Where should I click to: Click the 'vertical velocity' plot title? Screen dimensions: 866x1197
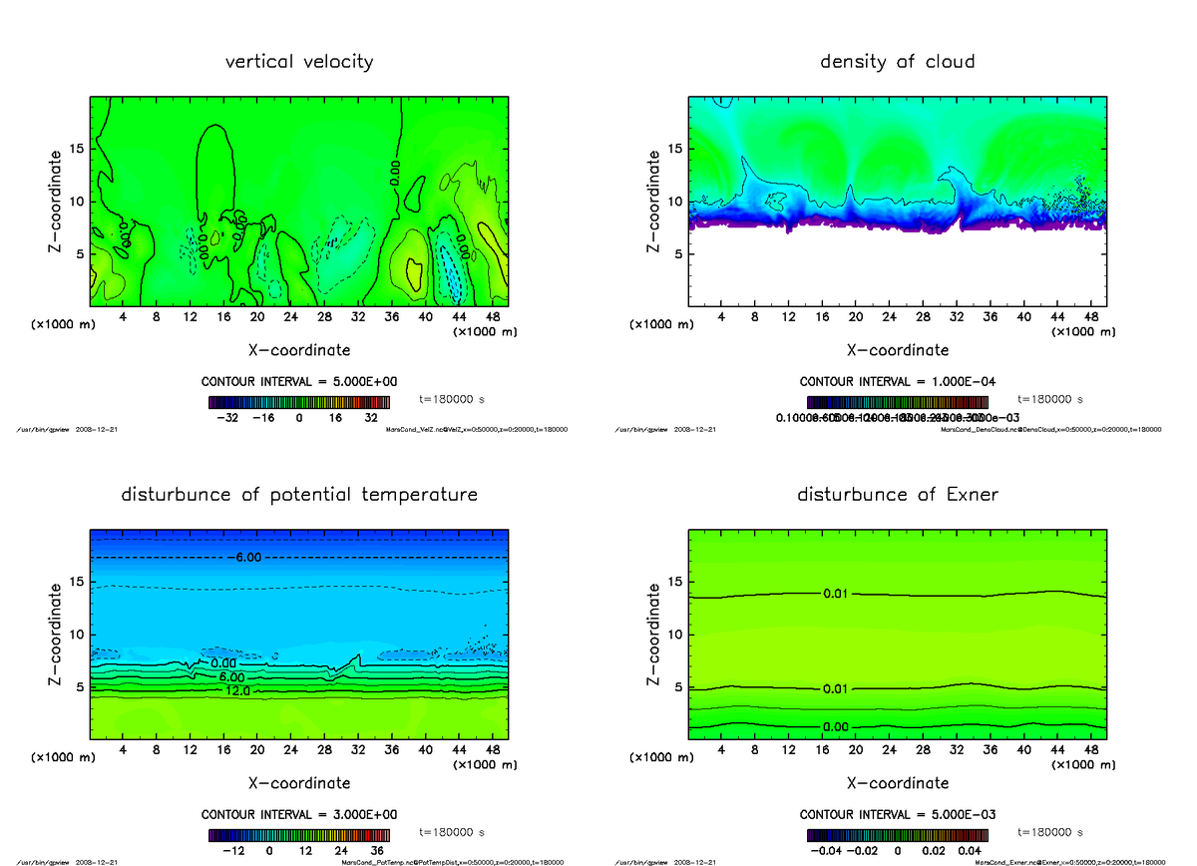click(299, 62)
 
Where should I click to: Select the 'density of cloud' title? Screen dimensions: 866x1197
click(897, 62)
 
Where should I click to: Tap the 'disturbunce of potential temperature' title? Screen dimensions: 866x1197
click(299, 495)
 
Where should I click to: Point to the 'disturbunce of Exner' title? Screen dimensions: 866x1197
click(897, 495)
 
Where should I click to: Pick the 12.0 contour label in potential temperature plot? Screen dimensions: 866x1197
click(236, 690)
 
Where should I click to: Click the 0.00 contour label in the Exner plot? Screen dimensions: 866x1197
click(836, 726)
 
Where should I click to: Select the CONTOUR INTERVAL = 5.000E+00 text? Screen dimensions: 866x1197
click(299, 382)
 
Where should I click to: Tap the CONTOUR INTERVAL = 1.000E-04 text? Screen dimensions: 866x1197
click(898, 382)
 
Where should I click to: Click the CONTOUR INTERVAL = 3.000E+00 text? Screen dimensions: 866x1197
click(299, 814)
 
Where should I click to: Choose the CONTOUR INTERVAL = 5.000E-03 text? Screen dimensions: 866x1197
click(898, 814)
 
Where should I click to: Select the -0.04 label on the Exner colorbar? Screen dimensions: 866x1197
click(828, 851)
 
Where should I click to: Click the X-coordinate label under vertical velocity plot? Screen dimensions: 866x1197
click(299, 350)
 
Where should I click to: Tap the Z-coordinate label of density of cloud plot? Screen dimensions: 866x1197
click(655, 201)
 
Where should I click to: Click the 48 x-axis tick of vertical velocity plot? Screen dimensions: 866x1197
click(493, 317)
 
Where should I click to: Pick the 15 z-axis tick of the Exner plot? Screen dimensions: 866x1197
click(672, 581)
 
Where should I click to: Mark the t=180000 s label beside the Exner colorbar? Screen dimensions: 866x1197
click(1049, 831)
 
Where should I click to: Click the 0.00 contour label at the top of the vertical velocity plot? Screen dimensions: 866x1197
click(396, 172)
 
